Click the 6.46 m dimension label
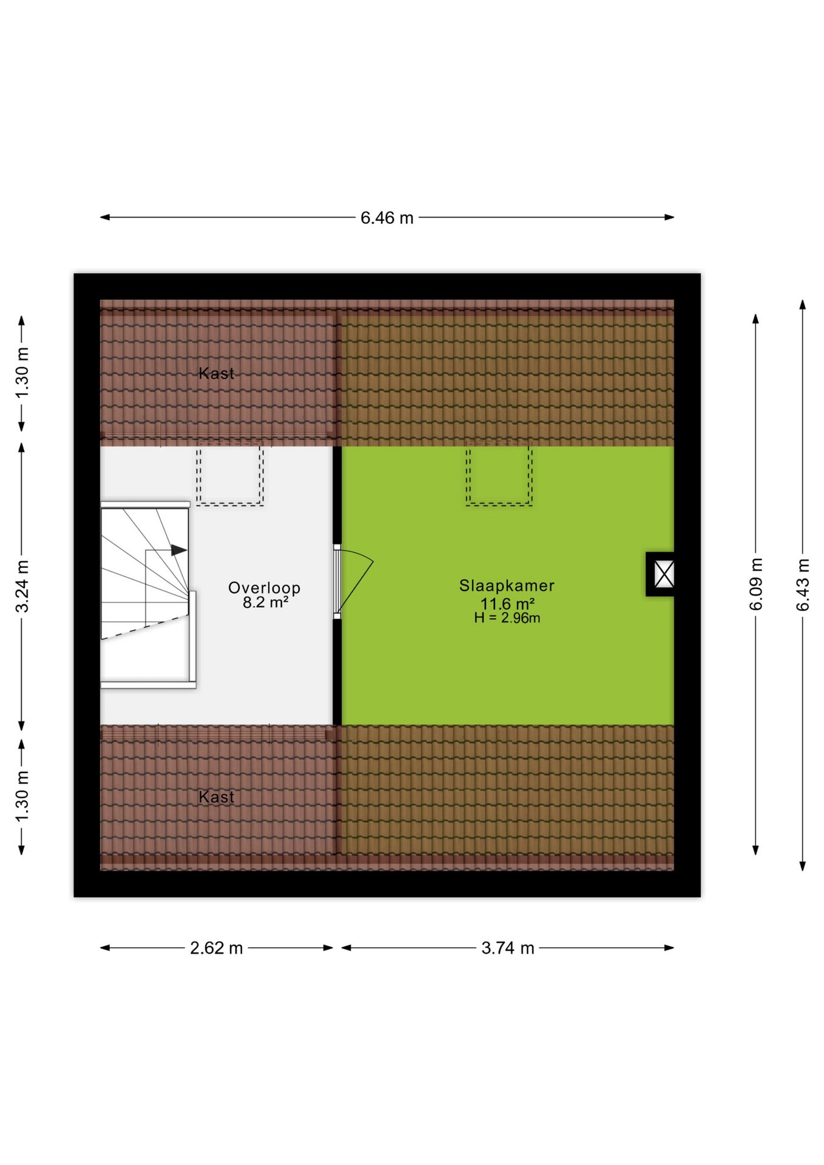387,217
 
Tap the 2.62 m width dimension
216,947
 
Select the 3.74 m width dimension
508,947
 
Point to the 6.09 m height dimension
755,584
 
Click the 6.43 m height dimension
802,584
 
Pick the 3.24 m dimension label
22,586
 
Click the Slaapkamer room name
507,586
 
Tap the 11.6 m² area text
507,604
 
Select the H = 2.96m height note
507,618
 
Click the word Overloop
264,588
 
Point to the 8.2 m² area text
265,603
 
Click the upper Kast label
216,373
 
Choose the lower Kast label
216,797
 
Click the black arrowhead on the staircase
179,550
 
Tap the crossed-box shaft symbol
664,574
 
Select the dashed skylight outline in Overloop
229,476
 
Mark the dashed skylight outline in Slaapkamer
499,476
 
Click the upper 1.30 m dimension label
22,373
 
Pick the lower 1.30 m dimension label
22,797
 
